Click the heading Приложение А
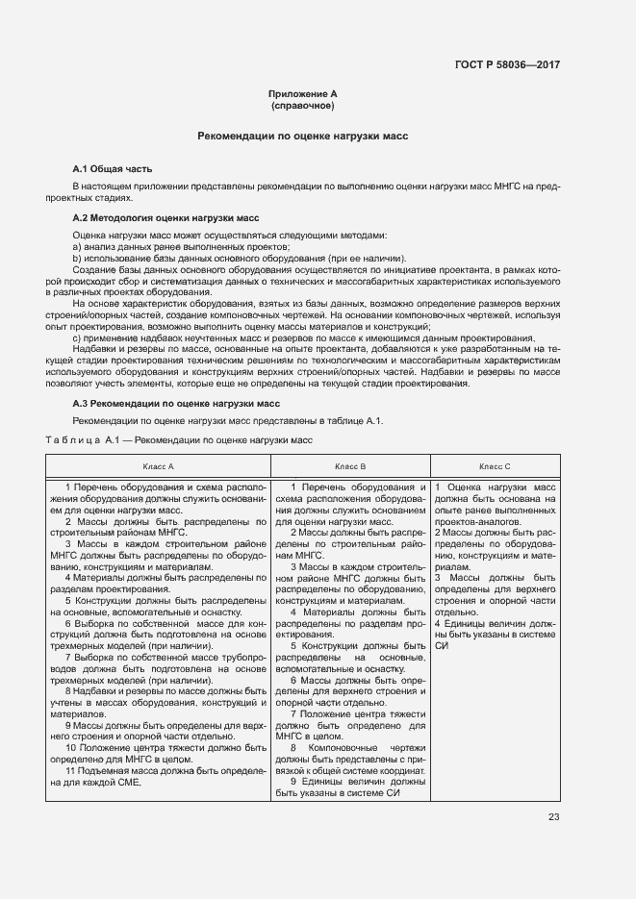click(x=302, y=93)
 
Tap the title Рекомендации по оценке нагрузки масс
click(x=302, y=137)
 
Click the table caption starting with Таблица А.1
click(x=179, y=439)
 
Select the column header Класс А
click(x=158, y=465)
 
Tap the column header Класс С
click(x=495, y=465)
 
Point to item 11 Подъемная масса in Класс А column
click(x=158, y=777)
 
